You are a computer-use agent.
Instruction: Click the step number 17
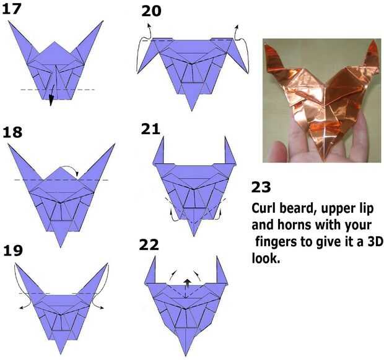[x=12, y=9]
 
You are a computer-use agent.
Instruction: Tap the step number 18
[x=12, y=132]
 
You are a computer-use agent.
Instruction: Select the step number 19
[x=13, y=250]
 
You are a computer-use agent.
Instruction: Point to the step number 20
[x=151, y=11]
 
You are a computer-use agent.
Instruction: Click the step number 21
[x=151, y=129]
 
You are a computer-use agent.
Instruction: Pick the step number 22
[x=149, y=245]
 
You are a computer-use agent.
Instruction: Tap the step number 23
[x=261, y=187]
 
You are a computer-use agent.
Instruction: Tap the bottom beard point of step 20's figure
[x=192, y=111]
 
